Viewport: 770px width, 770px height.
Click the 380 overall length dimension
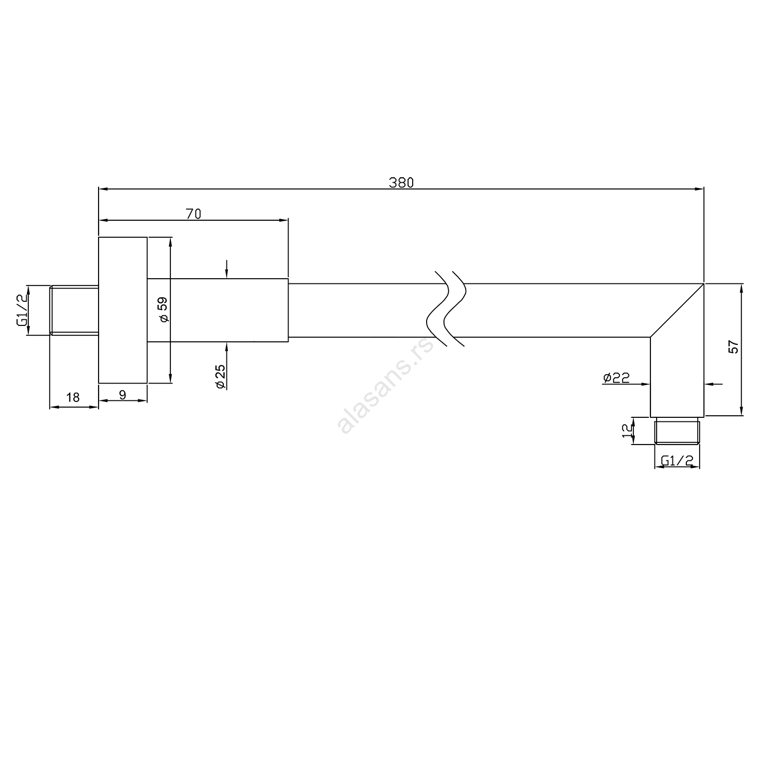pos(401,182)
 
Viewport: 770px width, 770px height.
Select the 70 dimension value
pos(193,214)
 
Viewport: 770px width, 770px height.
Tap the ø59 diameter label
pos(164,310)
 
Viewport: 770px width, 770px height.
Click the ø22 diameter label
pos(617,378)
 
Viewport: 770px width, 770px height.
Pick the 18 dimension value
pos(73,397)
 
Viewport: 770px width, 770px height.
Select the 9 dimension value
pos(122,395)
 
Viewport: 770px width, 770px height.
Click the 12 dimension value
pos(627,430)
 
